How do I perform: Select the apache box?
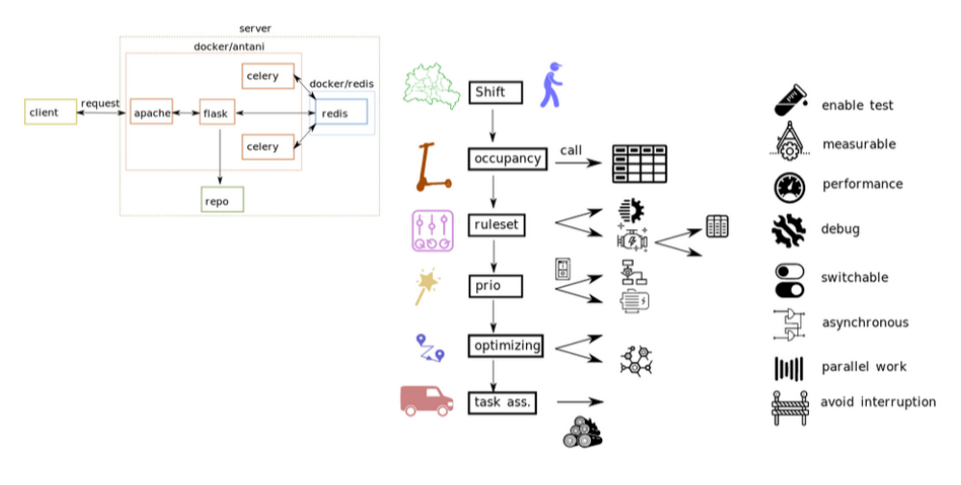coord(152,114)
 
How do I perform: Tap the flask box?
coord(216,114)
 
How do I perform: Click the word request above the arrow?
coord(100,103)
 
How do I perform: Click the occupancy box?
coord(507,159)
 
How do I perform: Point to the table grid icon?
coord(640,164)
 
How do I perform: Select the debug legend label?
coord(840,230)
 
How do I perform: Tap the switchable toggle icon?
coord(789,280)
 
